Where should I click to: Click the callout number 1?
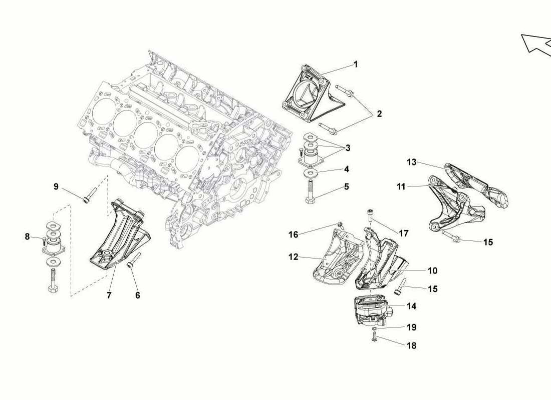tap(356, 64)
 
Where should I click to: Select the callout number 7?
tap(109, 295)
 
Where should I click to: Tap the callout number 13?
tap(411, 162)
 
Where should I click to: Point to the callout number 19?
tap(411, 327)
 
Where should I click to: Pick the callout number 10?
tap(433, 270)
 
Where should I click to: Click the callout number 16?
tap(294, 234)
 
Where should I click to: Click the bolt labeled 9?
tap(90, 194)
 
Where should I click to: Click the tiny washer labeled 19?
tap(375, 328)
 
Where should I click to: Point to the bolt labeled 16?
tap(340, 225)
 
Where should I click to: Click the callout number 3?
tap(348, 147)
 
